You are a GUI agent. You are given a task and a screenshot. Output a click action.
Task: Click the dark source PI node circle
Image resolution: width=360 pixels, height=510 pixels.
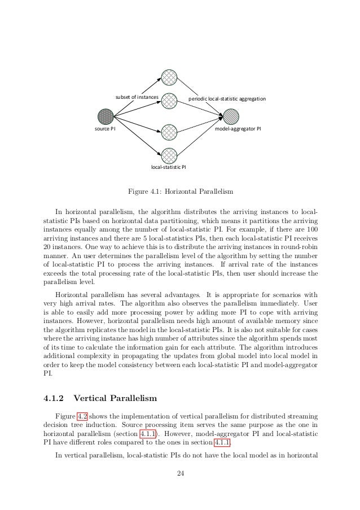click(106, 116)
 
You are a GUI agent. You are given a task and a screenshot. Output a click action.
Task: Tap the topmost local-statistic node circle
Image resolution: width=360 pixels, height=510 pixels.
click(169, 77)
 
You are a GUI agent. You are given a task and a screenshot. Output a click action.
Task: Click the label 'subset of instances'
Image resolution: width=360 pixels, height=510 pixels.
click(137, 98)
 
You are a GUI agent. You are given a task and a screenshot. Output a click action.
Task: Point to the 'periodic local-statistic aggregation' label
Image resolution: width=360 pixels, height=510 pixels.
click(226, 98)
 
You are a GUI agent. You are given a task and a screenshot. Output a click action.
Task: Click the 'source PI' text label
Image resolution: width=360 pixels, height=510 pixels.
click(106, 129)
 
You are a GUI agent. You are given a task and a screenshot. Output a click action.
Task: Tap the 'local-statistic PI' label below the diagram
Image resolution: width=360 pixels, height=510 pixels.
click(169, 167)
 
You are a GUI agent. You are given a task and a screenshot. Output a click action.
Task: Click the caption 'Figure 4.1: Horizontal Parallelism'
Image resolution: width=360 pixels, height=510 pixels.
click(179, 190)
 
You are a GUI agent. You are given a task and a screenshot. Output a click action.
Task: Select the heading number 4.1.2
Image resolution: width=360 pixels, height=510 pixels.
click(54, 396)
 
